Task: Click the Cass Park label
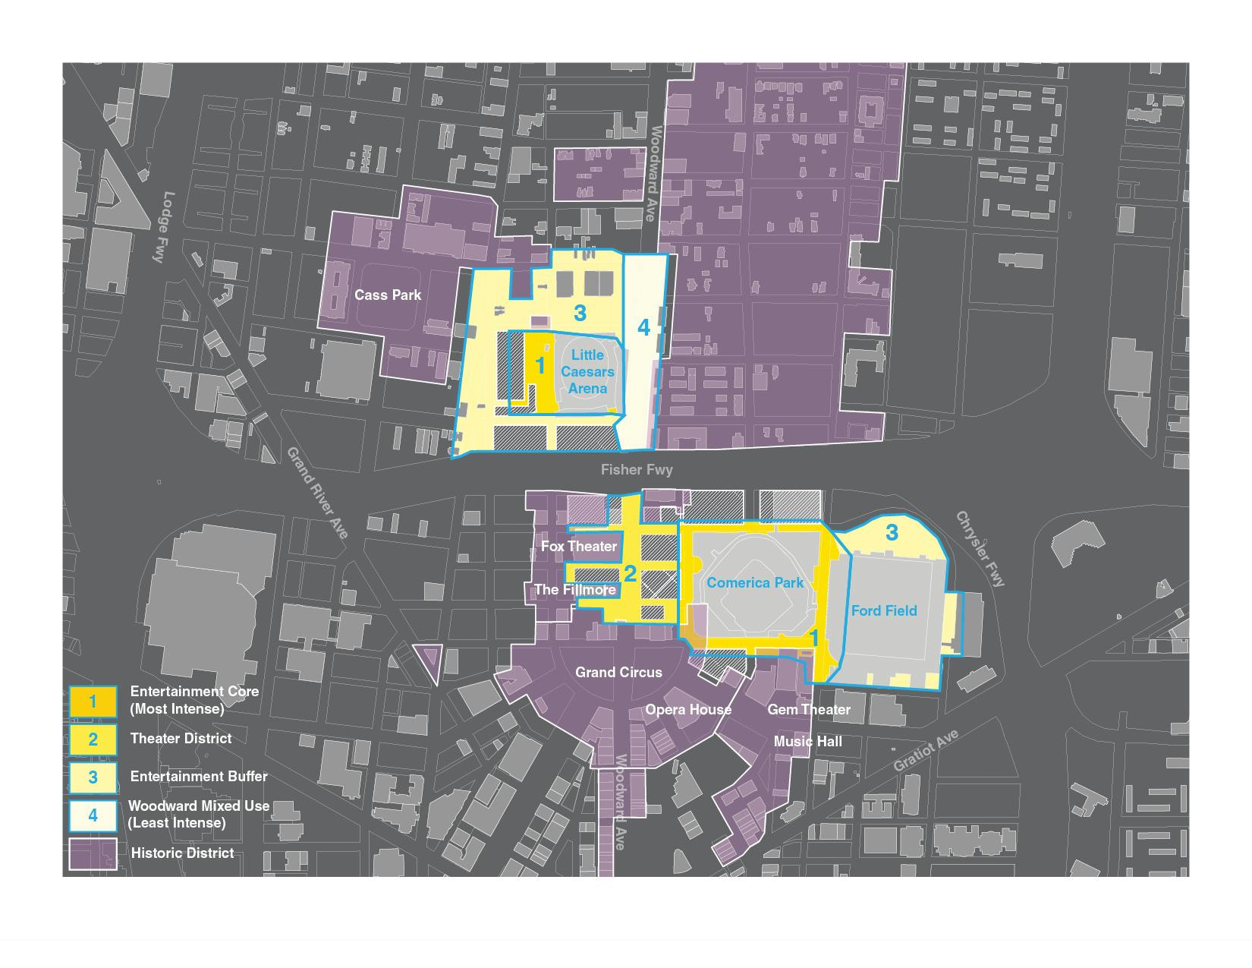pos(388,295)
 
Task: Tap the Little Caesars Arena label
pos(588,372)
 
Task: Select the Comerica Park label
pos(755,583)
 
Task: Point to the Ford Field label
pos(884,610)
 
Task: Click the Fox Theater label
pos(578,547)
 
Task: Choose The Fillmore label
pos(574,590)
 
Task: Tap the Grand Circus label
pos(618,672)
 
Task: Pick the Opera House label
pos(688,710)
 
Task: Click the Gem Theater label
pos(809,710)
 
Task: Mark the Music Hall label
pos(807,741)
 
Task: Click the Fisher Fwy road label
pos(637,470)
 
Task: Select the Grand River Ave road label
pos(317,493)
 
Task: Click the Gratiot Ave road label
pos(926,751)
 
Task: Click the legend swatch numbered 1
pos(93,702)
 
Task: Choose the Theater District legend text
pos(181,738)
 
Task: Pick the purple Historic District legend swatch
pos(93,853)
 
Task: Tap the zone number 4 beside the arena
pos(643,328)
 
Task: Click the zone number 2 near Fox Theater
pos(630,573)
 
